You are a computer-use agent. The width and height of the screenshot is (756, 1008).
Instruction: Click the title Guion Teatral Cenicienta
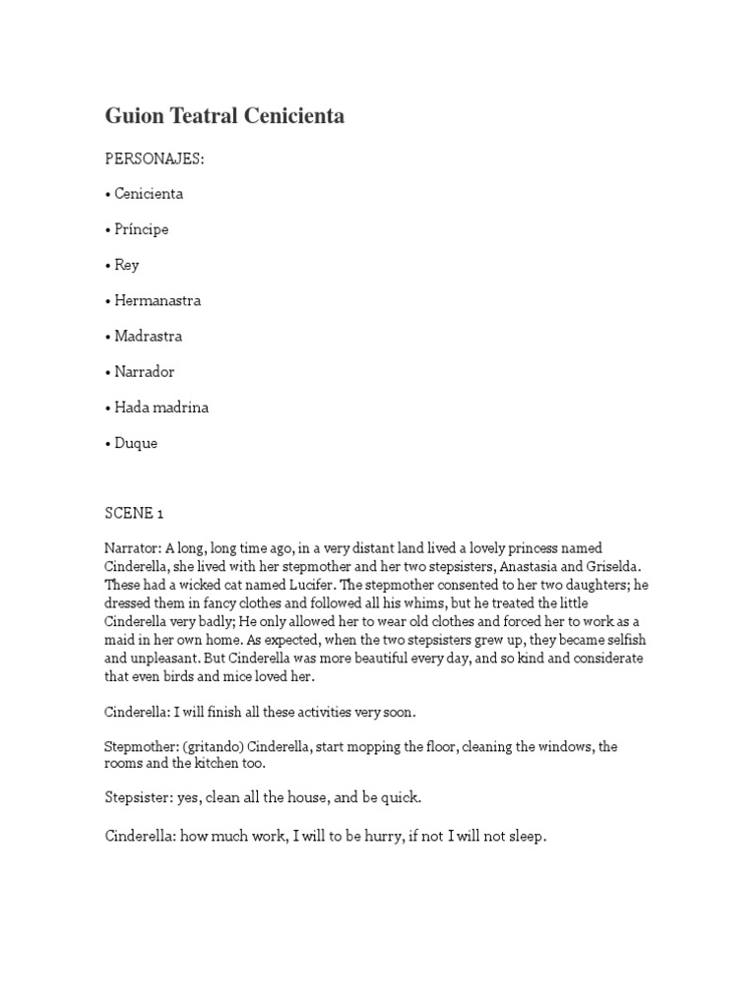(224, 116)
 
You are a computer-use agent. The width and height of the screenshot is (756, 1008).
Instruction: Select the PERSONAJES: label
(155, 158)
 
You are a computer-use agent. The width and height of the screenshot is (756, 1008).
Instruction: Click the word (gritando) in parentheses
(216, 747)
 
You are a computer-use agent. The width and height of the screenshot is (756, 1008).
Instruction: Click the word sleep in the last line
(525, 838)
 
